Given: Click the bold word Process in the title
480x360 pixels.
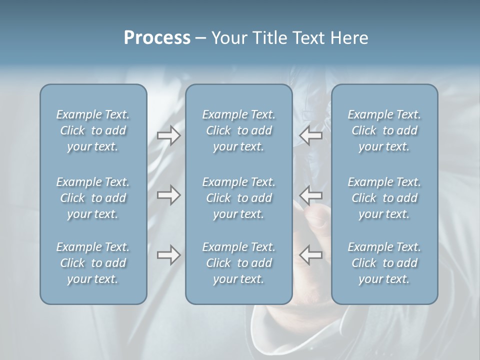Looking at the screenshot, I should pyautogui.click(x=157, y=38).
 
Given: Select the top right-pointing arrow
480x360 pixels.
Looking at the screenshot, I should pyautogui.click(x=168, y=135).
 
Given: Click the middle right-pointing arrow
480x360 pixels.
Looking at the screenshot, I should pyautogui.click(x=168, y=194).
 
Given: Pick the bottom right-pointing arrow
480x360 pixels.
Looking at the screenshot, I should pyautogui.click(x=168, y=255).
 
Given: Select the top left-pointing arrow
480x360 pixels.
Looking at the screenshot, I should pyautogui.click(x=311, y=134).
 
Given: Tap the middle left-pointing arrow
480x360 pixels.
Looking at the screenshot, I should pyautogui.click(x=311, y=194).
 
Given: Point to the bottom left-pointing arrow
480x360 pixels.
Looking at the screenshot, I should pyautogui.click(x=311, y=254).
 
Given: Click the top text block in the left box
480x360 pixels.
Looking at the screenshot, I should pyautogui.click(x=93, y=130).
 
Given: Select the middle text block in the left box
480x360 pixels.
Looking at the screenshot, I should pyautogui.click(x=93, y=198).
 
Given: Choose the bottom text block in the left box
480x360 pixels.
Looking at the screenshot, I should pyautogui.click(x=93, y=263).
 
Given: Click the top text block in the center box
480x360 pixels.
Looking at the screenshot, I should pyautogui.click(x=238, y=130).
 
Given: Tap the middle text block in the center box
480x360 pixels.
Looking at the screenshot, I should pyautogui.click(x=238, y=198).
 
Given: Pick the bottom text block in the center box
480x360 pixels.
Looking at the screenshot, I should pyautogui.click(x=238, y=263).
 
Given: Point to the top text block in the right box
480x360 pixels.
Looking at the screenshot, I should pyautogui.click(x=384, y=130).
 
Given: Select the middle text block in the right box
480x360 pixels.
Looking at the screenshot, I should pyautogui.click(x=384, y=198).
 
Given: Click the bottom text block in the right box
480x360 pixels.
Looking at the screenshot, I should pyautogui.click(x=384, y=263).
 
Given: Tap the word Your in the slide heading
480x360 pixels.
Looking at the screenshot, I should pyautogui.click(x=227, y=38).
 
